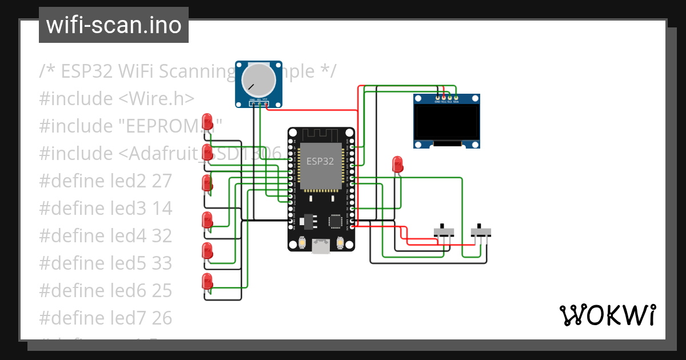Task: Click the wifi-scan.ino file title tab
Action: pos(113,25)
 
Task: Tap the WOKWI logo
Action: pos(607,315)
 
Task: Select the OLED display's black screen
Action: pos(446,122)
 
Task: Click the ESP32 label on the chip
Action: pos(320,161)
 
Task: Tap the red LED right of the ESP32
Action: pos(397,164)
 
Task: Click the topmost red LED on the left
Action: pos(208,121)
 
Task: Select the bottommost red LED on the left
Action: pos(208,281)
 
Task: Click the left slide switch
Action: pos(444,232)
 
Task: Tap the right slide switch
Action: pos(481,232)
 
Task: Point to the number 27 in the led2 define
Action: pos(162,181)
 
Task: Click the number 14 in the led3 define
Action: pos(162,209)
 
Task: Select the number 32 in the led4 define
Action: pos(162,236)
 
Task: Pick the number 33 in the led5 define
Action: pos(162,263)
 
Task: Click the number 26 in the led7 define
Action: pos(162,318)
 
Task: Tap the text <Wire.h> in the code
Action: pos(156,99)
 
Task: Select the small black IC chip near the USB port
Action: pos(335,221)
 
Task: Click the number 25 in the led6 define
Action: pos(162,291)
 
